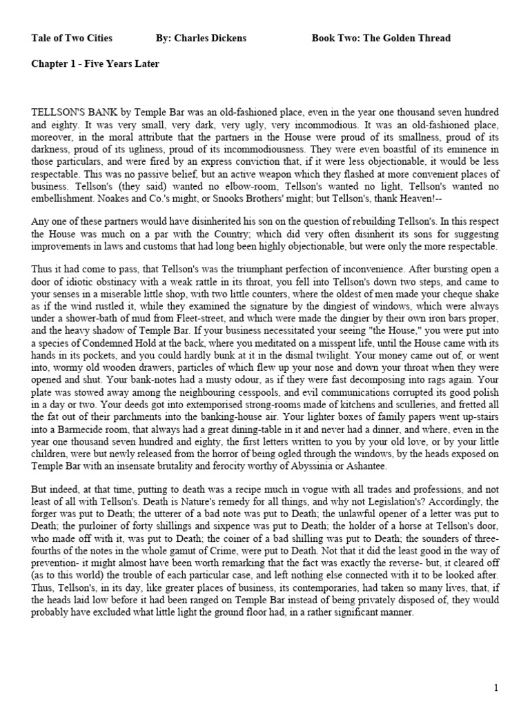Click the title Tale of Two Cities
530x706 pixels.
point(72,38)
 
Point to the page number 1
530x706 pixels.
point(495,687)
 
